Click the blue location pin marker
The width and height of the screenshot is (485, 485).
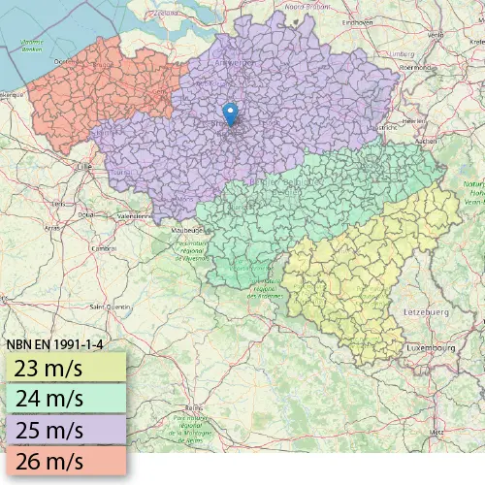229,113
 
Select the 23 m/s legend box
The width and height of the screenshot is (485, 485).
64,368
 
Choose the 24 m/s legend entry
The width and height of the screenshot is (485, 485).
64,398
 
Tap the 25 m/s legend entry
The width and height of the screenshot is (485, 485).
64,429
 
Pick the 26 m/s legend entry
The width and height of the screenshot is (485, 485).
64,459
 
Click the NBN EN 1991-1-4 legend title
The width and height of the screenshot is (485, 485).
54,343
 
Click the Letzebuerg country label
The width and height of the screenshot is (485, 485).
427,312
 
